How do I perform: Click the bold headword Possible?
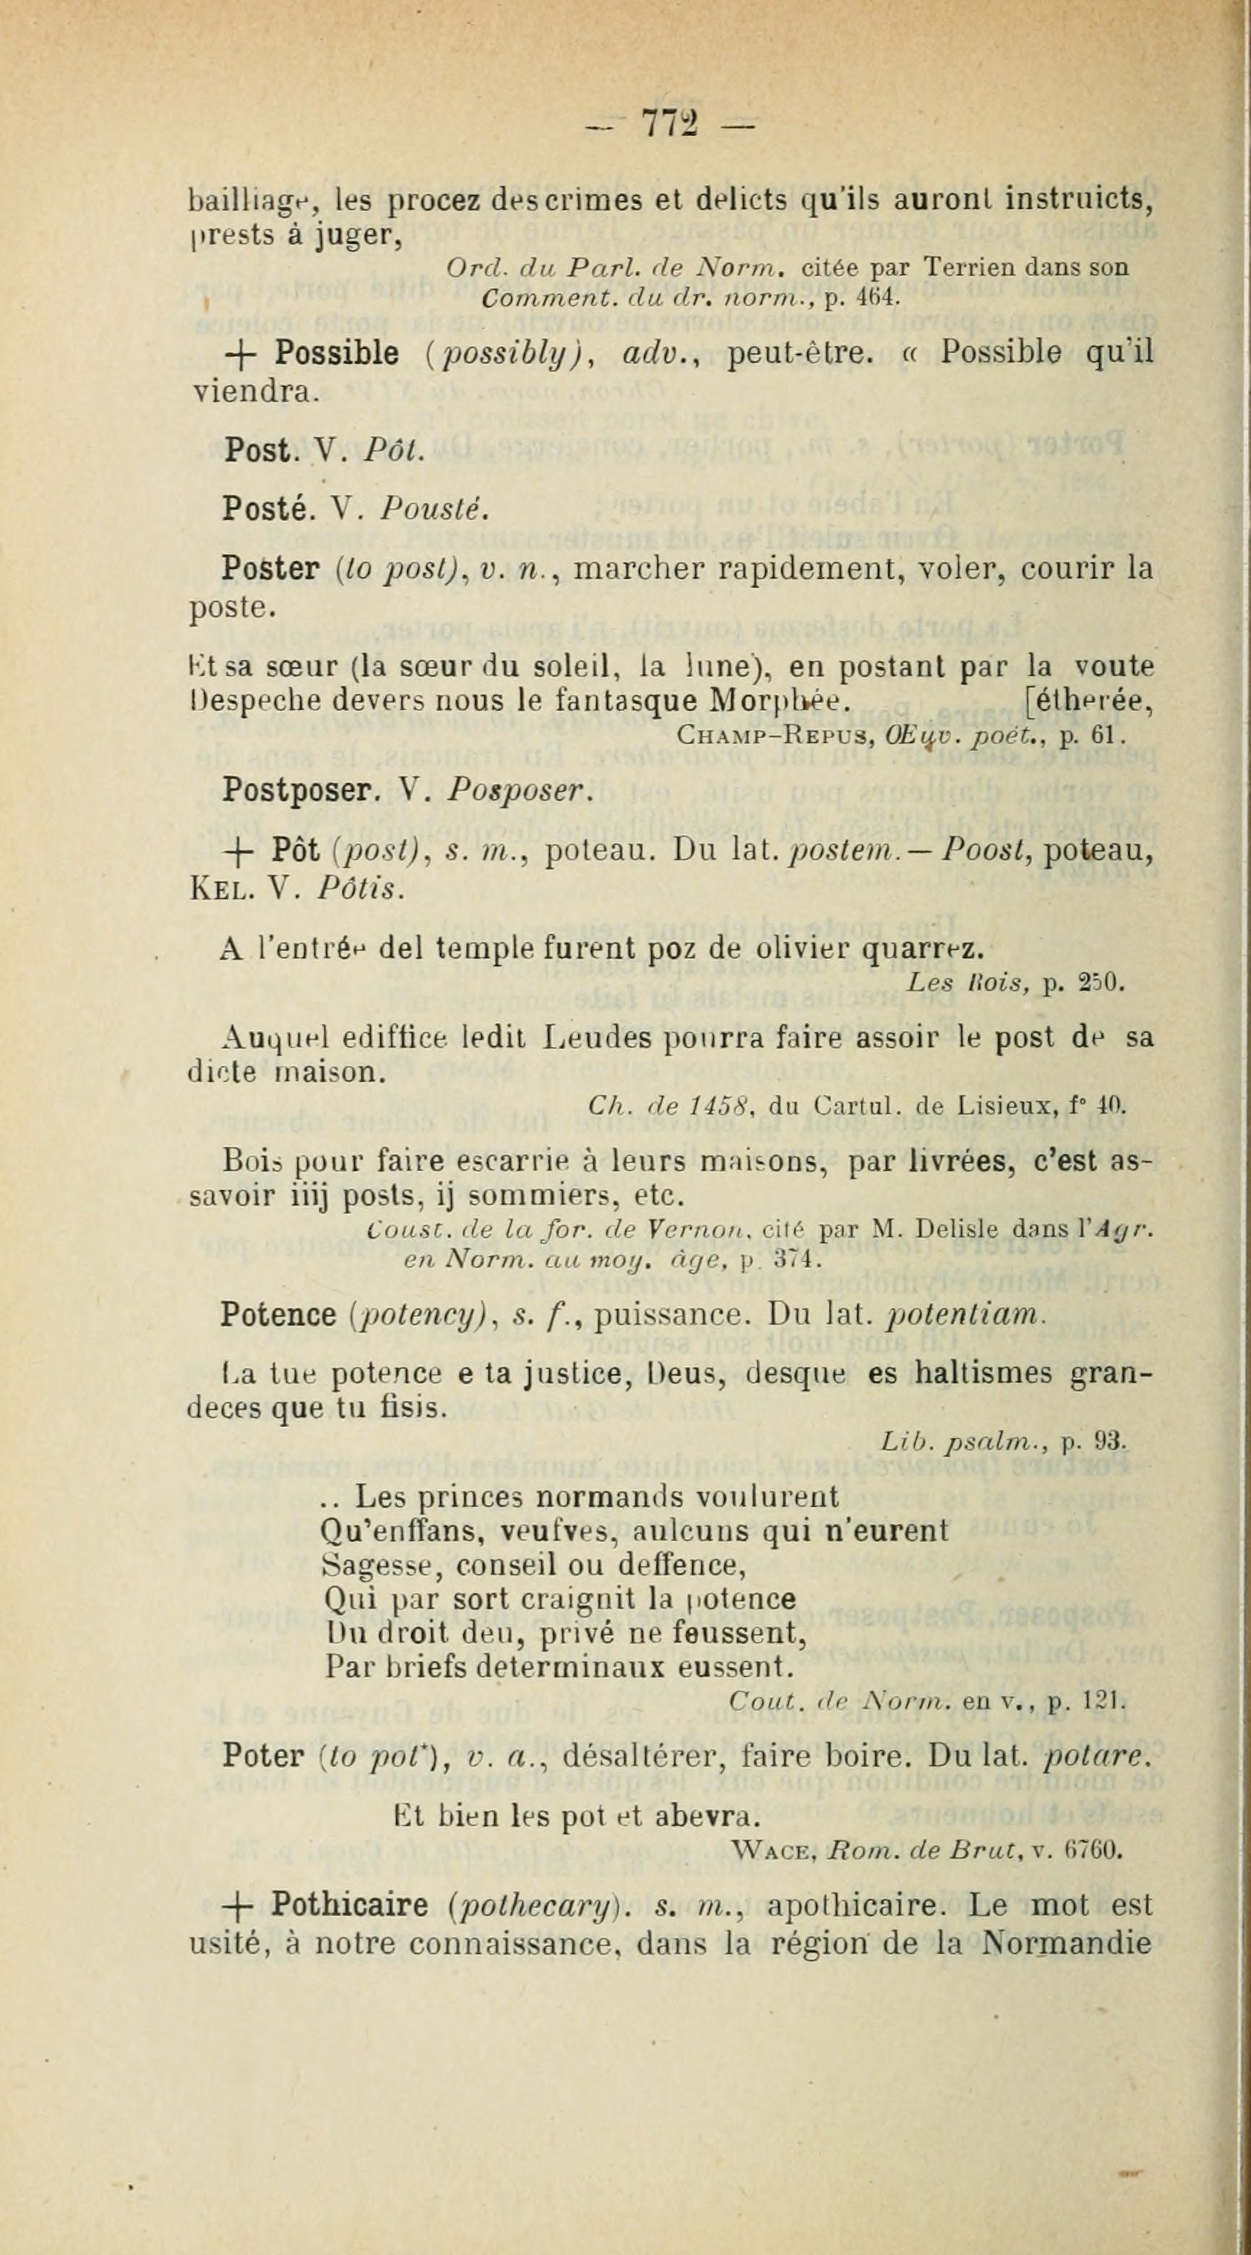tap(337, 353)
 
